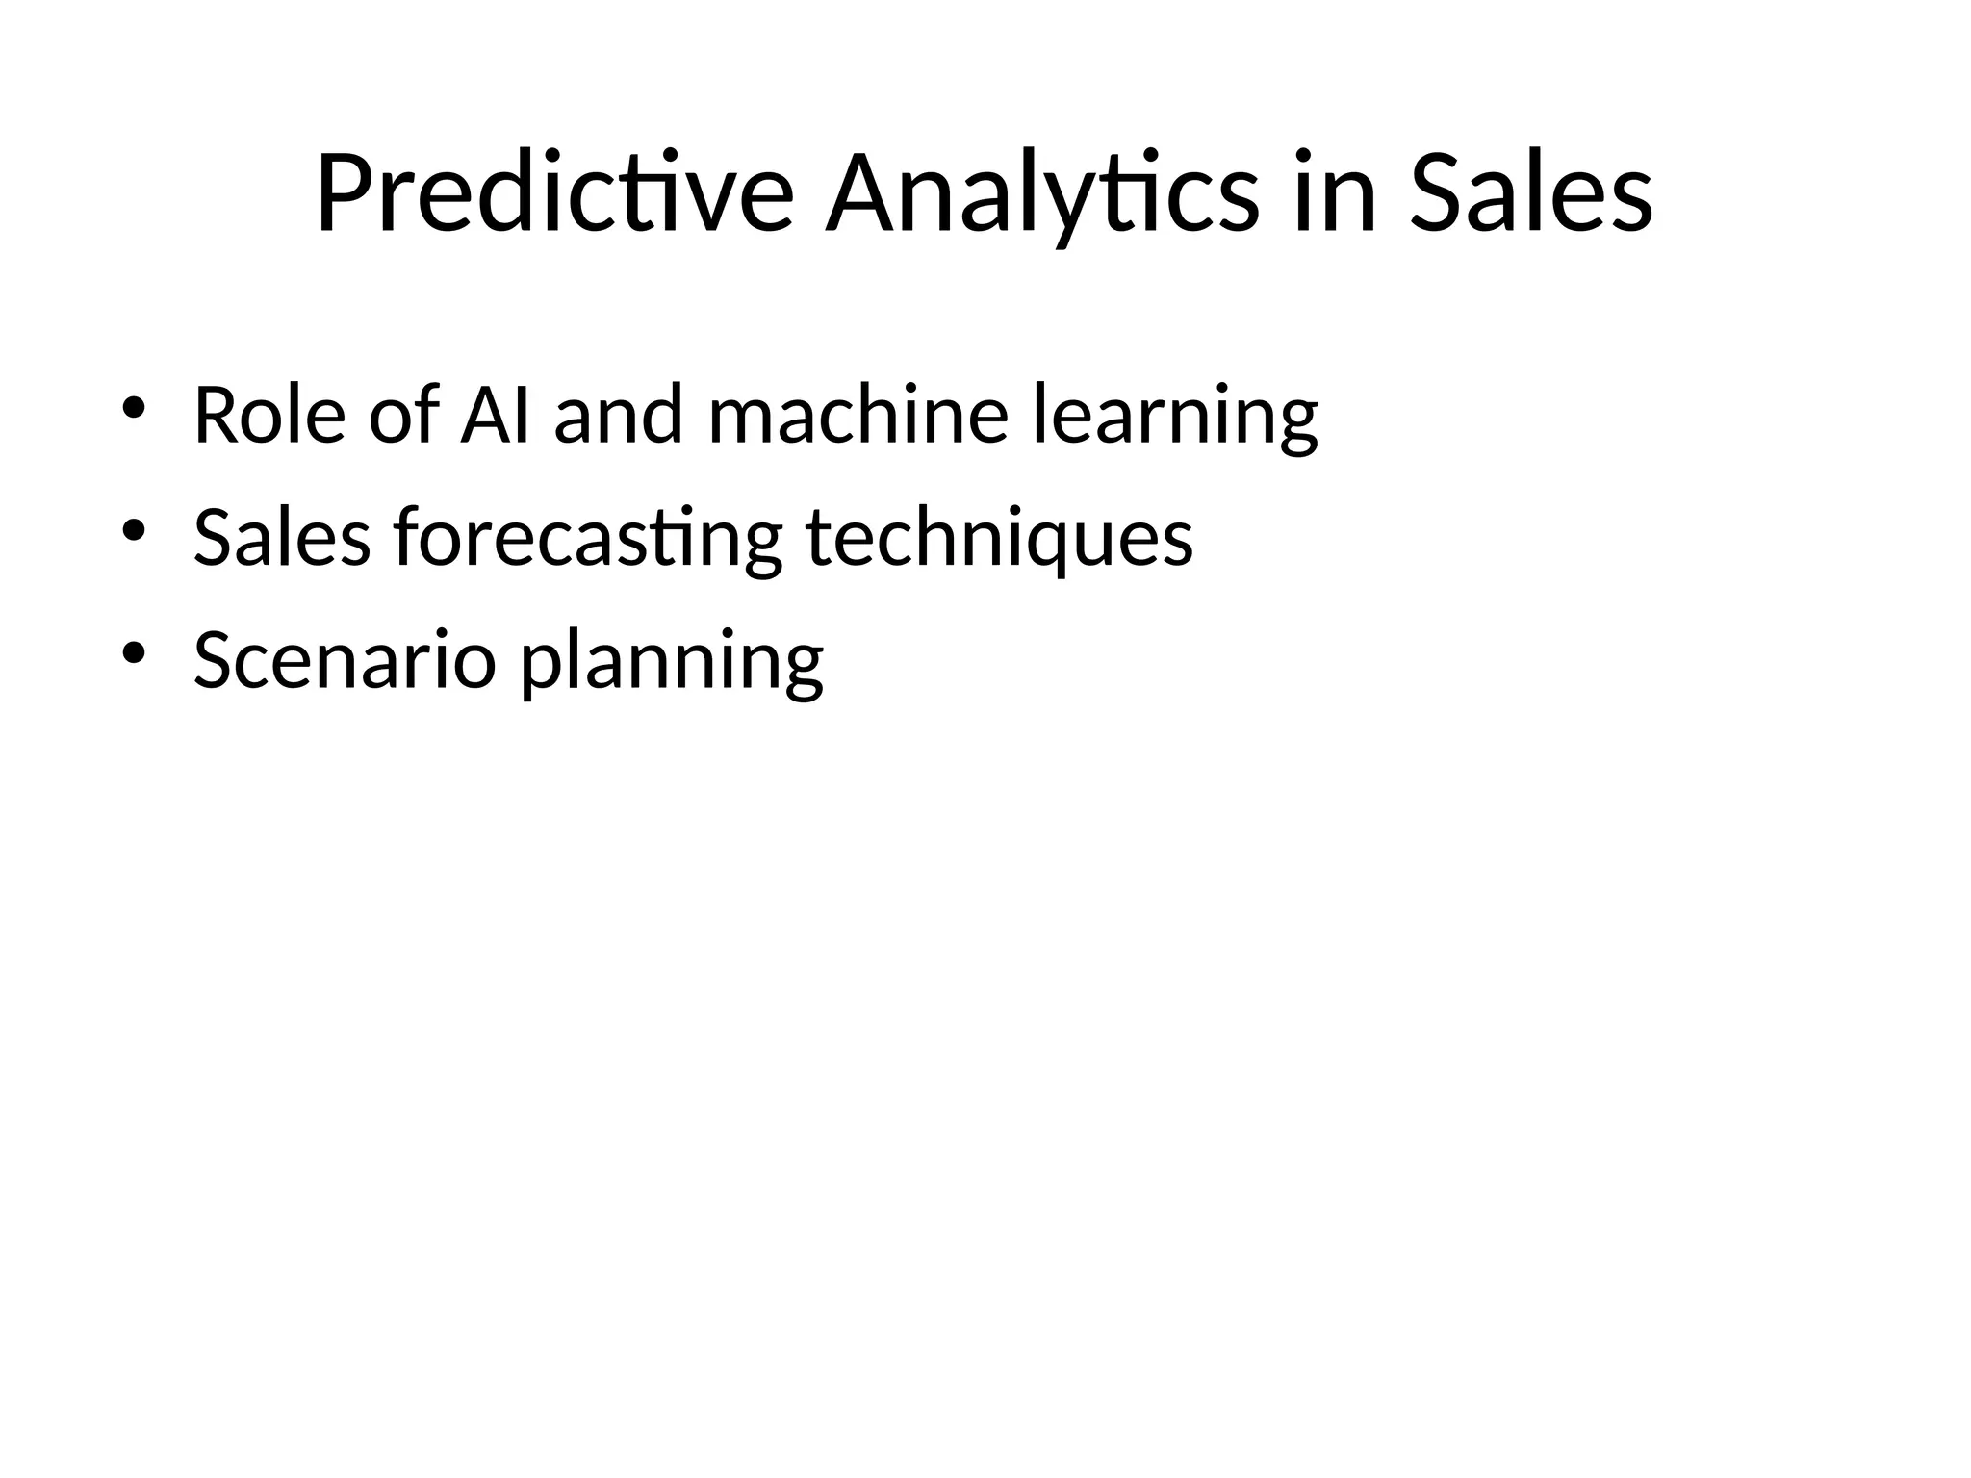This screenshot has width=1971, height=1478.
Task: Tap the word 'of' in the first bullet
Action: tap(402, 415)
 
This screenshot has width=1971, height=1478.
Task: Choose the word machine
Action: tap(858, 415)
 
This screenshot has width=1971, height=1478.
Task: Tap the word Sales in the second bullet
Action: tap(281, 538)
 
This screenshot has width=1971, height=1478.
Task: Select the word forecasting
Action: tap(587, 540)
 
